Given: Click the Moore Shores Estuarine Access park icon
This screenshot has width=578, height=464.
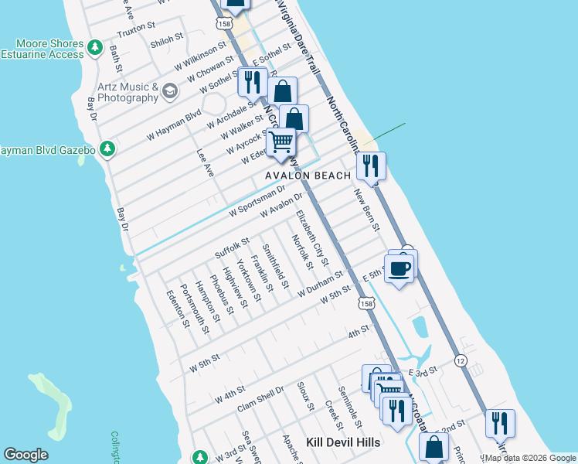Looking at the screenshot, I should pyautogui.click(x=95, y=48).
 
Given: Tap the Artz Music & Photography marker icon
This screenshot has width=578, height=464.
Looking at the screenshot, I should pyautogui.click(x=170, y=93).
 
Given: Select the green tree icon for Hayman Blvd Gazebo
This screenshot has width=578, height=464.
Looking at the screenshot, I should pyautogui.click(x=109, y=148).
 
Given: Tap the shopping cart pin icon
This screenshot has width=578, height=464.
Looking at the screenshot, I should pyautogui.click(x=281, y=142).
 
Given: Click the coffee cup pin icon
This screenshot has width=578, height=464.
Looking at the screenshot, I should pyautogui.click(x=399, y=269).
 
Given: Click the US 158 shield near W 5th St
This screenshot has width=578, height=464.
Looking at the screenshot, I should pyautogui.click(x=368, y=305).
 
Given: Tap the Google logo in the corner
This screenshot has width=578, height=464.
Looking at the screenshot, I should pyautogui.click(x=25, y=455).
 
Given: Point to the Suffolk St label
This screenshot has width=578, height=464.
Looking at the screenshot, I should pyautogui.click(x=232, y=248).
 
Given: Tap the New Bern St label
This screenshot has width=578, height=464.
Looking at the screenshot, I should pyautogui.click(x=368, y=210).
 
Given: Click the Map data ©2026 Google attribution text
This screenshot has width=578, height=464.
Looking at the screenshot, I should pyautogui.click(x=528, y=458).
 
